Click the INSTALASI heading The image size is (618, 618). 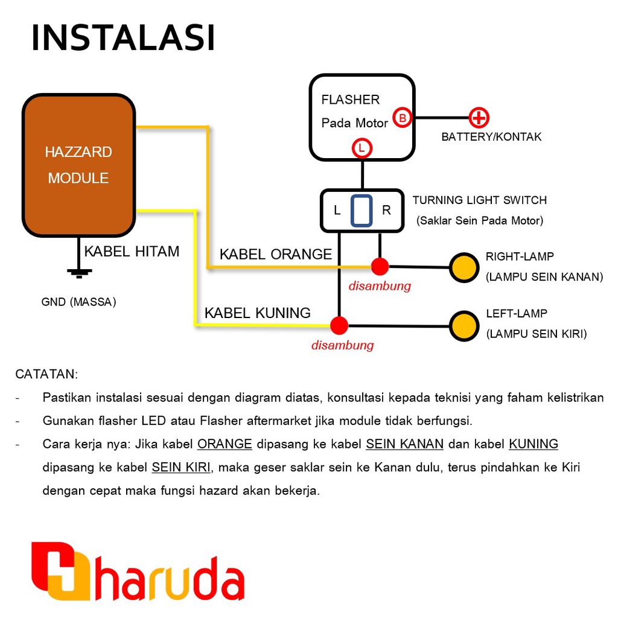point(123,38)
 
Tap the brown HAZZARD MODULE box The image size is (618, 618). point(78,165)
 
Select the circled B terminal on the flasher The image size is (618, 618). point(403,118)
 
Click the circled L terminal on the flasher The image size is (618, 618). point(362,147)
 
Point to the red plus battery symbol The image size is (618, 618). point(479,118)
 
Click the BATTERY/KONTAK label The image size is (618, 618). point(491,137)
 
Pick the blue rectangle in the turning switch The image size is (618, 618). point(362,211)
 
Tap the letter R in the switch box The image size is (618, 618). point(386,211)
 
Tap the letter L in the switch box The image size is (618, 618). point(337,211)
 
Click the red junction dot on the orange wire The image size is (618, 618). point(380,266)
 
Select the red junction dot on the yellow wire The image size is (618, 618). point(339,325)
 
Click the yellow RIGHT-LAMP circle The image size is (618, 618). point(465,267)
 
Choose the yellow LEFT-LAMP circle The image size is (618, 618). point(465,326)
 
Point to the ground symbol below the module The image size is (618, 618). point(78,273)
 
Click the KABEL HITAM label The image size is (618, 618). point(132,252)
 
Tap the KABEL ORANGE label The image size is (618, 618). point(276,254)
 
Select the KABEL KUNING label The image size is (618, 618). point(258,313)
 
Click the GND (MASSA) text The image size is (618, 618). point(78,302)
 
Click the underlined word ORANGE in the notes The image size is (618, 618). point(225,444)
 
